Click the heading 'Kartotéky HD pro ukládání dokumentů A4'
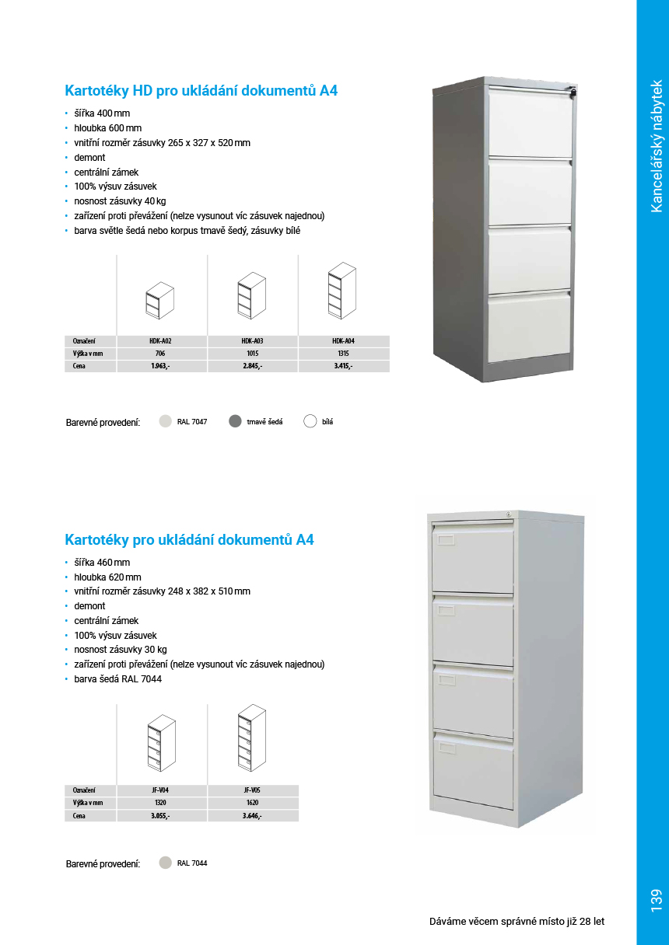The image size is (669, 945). [201, 91]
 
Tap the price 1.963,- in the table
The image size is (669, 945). [161, 365]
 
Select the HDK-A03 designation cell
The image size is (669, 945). [252, 340]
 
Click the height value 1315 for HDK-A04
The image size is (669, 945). [343, 353]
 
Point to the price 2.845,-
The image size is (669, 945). [252, 365]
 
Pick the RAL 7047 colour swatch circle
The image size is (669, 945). [165, 421]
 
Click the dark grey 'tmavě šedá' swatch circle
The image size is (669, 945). [235, 421]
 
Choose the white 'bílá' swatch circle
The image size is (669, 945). [310, 421]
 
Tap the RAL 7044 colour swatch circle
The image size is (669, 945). [165, 863]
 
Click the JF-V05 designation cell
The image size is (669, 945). [252, 790]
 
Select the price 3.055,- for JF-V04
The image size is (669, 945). [161, 815]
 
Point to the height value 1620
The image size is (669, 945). [252, 802]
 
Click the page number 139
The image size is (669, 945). [653, 900]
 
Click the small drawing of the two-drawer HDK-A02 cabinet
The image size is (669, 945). [160, 298]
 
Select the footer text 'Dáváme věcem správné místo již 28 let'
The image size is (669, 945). [517, 922]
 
